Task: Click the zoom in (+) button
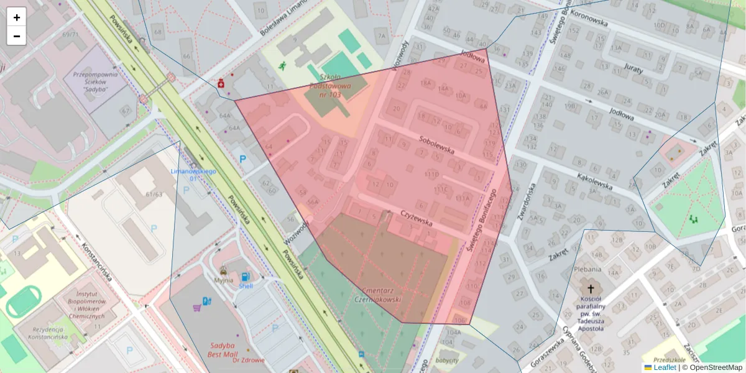17,17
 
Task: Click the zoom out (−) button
17,36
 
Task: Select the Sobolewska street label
437,145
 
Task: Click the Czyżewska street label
417,219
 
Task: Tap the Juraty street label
633,69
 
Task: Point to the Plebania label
587,269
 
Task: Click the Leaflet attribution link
664,367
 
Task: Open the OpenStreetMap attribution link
715,367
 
